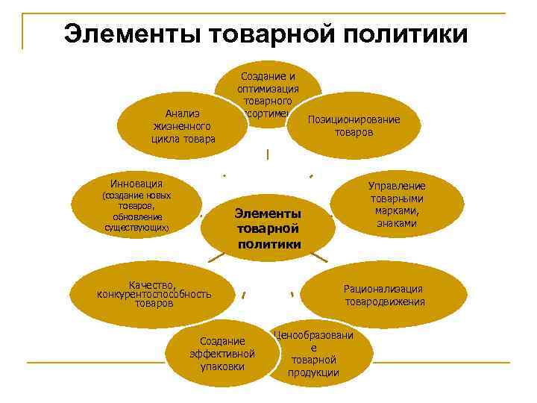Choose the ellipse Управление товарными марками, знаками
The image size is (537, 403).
[396, 204]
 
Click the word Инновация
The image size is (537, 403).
[136, 183]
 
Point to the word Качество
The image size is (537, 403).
[152, 284]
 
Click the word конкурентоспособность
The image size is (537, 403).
[154, 294]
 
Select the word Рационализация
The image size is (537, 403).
[383, 289]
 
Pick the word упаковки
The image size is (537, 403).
[222, 366]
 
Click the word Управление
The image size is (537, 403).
[397, 186]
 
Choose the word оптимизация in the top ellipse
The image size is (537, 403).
[268, 88]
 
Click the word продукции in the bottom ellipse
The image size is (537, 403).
[313, 372]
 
